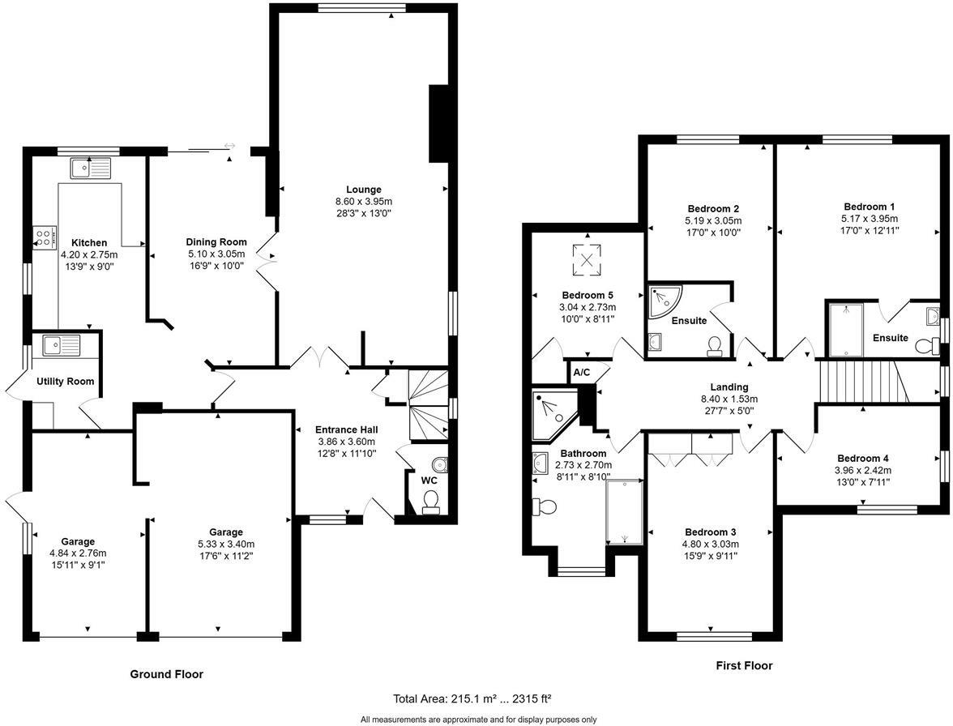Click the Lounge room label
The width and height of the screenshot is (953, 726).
tap(363, 190)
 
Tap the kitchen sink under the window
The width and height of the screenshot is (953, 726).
tap(91, 169)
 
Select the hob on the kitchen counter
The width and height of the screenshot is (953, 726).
tap(45, 237)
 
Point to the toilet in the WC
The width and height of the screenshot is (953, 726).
tap(431, 502)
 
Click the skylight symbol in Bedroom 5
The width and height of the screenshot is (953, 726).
tap(587, 260)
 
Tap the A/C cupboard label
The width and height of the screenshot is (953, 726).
tap(582, 373)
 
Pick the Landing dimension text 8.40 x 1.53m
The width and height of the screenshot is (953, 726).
tap(729, 399)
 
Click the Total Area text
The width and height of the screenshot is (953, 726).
tap(472, 698)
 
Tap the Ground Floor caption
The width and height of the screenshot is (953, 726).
tap(167, 674)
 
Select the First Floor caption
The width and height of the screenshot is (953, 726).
tap(744, 665)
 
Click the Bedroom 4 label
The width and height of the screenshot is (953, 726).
tap(862, 458)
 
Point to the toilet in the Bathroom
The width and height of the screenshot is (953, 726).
tap(543, 506)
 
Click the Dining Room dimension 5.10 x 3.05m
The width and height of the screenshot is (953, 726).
tap(216, 254)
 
